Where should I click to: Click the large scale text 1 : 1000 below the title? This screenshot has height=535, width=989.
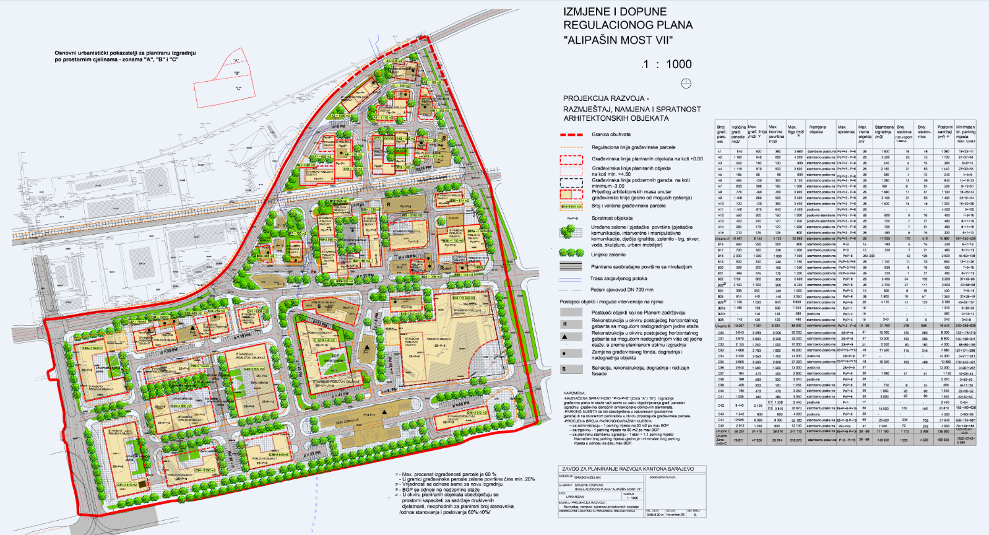(x=667, y=64)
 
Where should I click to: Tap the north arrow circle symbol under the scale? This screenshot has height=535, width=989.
(x=686, y=84)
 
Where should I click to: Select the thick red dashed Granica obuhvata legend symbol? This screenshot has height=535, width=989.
(x=571, y=134)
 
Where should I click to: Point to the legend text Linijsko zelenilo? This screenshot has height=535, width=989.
(x=608, y=254)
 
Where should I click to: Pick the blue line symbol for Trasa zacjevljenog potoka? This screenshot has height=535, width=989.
(x=571, y=279)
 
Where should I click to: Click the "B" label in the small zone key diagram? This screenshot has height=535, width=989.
(x=236, y=74)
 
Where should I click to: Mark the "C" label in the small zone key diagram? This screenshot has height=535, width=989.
(x=239, y=88)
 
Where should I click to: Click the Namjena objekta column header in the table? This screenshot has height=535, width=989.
(x=818, y=129)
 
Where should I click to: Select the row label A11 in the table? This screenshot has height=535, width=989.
(x=720, y=210)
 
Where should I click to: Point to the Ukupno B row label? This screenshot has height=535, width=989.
(x=722, y=326)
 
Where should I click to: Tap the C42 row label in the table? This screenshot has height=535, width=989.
(x=720, y=406)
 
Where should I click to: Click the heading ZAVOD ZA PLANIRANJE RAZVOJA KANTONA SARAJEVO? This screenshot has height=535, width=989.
(x=627, y=469)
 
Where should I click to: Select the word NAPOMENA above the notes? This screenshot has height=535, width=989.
(x=574, y=393)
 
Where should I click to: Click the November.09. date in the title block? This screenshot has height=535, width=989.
(x=675, y=515)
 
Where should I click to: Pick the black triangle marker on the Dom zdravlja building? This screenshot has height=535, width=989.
(x=385, y=411)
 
